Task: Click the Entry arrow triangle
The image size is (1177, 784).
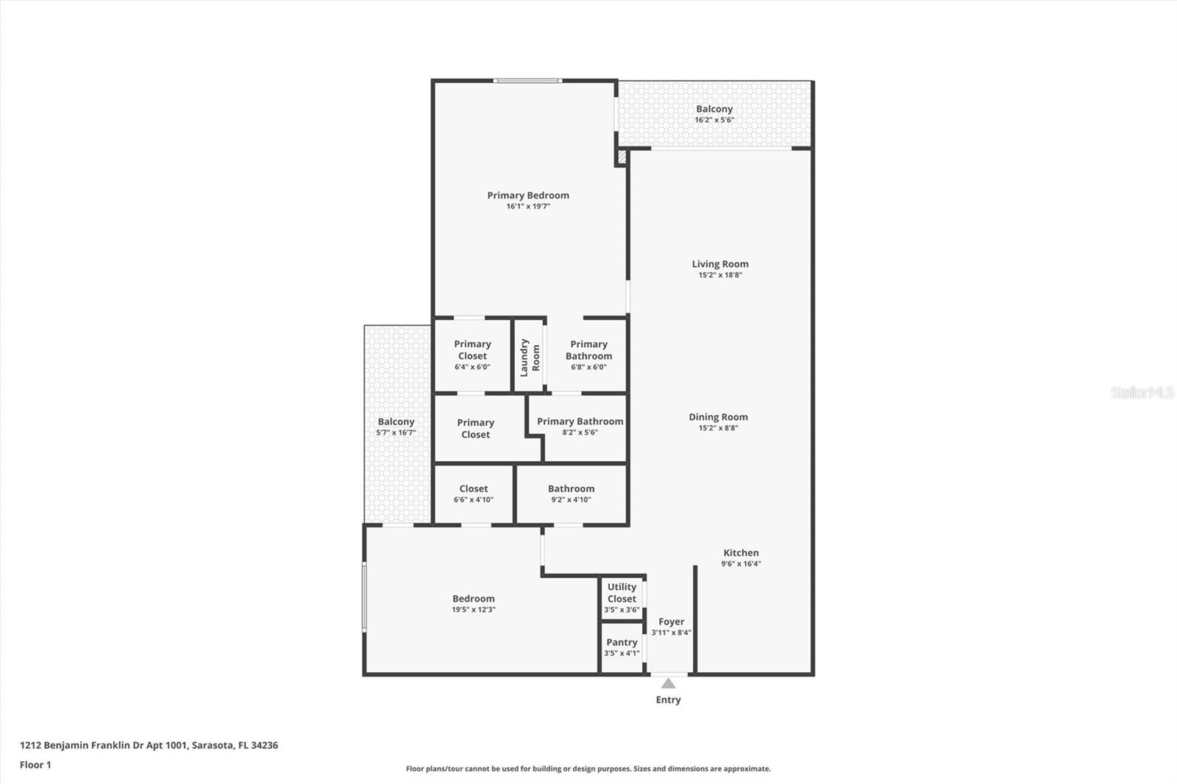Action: [x=668, y=683]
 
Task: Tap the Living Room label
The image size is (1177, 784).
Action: [x=719, y=264]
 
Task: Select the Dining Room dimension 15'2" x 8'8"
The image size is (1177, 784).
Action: [x=718, y=428]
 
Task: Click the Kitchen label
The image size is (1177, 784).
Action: [x=741, y=553]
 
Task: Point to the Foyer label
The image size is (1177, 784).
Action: [x=671, y=622]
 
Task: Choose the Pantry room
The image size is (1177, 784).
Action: [x=622, y=647]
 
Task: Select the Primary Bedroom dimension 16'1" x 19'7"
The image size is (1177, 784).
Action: [x=527, y=207]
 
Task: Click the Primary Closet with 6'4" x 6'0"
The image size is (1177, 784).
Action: [x=472, y=354]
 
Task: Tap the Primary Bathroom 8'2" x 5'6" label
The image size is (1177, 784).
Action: [x=580, y=427]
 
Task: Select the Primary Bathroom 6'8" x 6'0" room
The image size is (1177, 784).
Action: [x=588, y=354]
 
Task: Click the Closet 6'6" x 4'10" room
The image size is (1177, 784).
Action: [x=473, y=493]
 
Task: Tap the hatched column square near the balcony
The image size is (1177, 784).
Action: [x=622, y=157]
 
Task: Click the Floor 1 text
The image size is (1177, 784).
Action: [x=35, y=765]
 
